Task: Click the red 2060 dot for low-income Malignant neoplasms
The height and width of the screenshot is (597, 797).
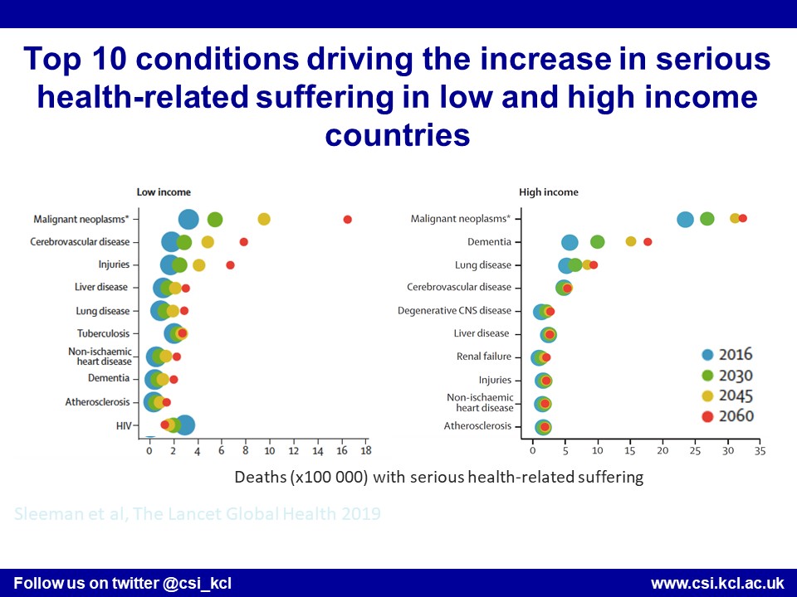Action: [347, 219]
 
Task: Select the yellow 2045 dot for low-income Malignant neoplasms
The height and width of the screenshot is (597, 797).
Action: [264, 219]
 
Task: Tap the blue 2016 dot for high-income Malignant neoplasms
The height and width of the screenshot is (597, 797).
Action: [685, 220]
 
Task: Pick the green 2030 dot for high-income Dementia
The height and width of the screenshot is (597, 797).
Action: [597, 242]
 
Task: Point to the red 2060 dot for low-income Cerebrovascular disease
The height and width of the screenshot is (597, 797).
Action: [243, 242]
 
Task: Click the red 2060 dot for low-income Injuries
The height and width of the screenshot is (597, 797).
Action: [230, 265]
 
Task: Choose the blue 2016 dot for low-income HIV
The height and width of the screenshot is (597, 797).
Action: [184, 425]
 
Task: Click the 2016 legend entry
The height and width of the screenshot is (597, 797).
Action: [727, 355]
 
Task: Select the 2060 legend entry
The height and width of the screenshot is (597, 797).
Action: [727, 416]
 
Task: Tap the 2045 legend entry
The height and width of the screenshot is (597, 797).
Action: [727, 396]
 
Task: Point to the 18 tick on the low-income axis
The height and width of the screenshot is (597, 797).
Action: [365, 452]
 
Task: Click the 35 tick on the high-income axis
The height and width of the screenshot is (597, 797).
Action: [759, 452]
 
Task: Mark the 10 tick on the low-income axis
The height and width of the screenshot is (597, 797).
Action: [269, 452]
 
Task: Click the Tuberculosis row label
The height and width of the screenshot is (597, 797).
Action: [104, 333]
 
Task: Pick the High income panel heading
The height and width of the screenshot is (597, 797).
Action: [549, 192]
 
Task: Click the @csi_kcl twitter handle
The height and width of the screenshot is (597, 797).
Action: [198, 583]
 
